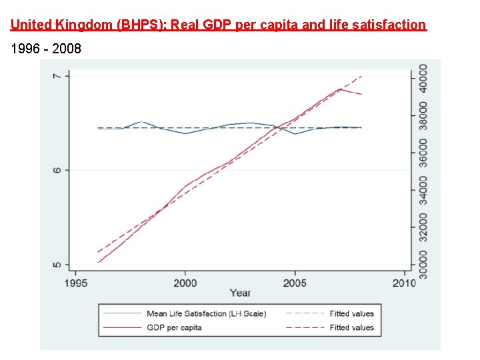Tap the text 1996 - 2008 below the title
point(45,49)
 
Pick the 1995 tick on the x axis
point(75,283)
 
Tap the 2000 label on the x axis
point(185,283)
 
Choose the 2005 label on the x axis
point(295,283)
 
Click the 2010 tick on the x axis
point(404,283)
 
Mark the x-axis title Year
point(240,293)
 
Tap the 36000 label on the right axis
point(423,153)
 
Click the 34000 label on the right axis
point(423,190)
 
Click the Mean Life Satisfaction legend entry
point(205,313)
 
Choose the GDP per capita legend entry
point(174,327)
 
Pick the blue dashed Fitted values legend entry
point(351,313)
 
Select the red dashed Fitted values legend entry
point(351,327)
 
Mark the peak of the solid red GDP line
point(340,89)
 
